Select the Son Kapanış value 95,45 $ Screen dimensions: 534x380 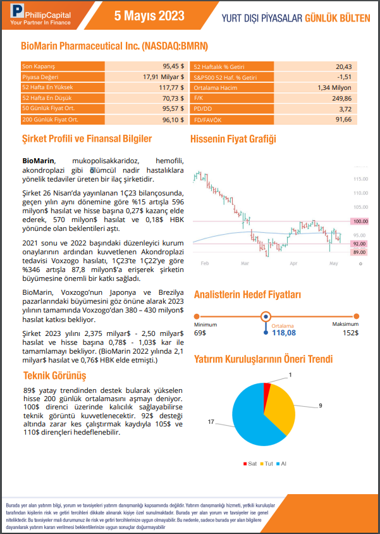pos(171,66)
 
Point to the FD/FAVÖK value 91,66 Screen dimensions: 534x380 pos(343,119)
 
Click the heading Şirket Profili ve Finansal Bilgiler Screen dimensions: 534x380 pos(87,139)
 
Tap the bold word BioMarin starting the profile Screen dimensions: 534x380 pos(39,161)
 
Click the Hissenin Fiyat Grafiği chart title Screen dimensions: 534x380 pos(233,139)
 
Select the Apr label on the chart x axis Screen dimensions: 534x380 pos(293,262)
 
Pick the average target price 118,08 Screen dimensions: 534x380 pos(283,333)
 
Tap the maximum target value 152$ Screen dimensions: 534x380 pos(350,333)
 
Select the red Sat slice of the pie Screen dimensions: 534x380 pos(267,387)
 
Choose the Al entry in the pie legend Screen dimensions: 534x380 pos(282,463)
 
